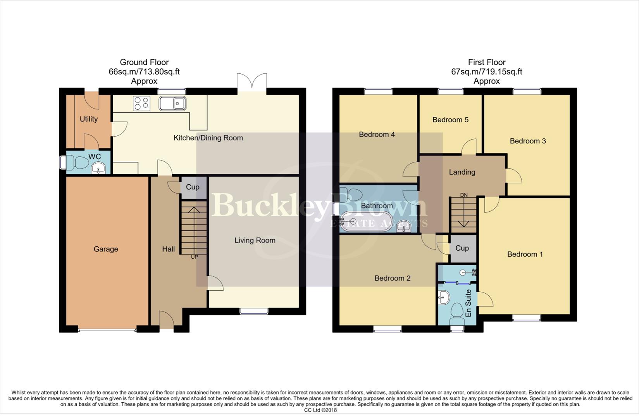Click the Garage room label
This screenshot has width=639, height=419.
click(x=106, y=249)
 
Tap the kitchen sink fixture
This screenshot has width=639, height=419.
click(x=172, y=104)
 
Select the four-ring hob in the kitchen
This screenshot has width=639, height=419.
click(x=141, y=104)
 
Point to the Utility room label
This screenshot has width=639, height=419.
click(x=89, y=119)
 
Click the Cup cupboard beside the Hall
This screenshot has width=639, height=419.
click(x=193, y=187)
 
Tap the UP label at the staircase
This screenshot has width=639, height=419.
click(x=194, y=257)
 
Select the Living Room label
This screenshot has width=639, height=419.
click(x=255, y=241)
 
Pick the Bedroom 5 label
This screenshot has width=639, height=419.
click(x=450, y=120)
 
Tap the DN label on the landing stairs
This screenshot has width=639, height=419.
click(x=464, y=195)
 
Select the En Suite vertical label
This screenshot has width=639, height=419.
click(x=468, y=303)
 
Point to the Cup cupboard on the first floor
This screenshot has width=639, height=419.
click(x=462, y=248)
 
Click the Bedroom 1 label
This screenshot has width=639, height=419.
click(x=525, y=255)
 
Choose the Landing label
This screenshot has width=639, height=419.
click(x=462, y=172)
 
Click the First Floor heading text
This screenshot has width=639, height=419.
click(x=486, y=62)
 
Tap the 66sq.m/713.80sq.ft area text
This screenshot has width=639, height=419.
click(x=144, y=72)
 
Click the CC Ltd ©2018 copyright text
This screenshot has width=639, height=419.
click(x=320, y=410)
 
